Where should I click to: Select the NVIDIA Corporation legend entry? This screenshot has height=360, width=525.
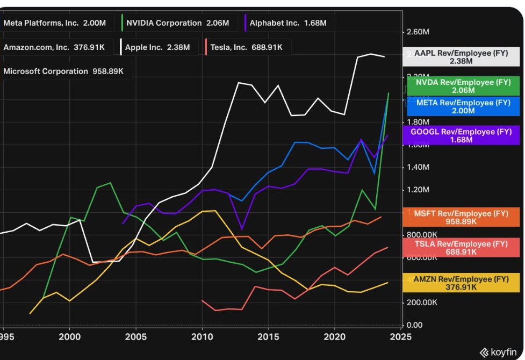[x=176, y=23]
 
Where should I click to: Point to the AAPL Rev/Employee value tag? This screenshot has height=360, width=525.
[x=461, y=57]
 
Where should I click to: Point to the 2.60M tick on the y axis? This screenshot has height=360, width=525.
[x=418, y=32]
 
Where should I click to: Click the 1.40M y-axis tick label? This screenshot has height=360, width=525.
[x=418, y=168]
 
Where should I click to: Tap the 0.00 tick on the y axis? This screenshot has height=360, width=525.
[x=415, y=325]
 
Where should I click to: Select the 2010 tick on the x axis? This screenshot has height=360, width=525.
[x=202, y=337]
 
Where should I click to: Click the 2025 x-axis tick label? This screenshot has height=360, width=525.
[x=401, y=337]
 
